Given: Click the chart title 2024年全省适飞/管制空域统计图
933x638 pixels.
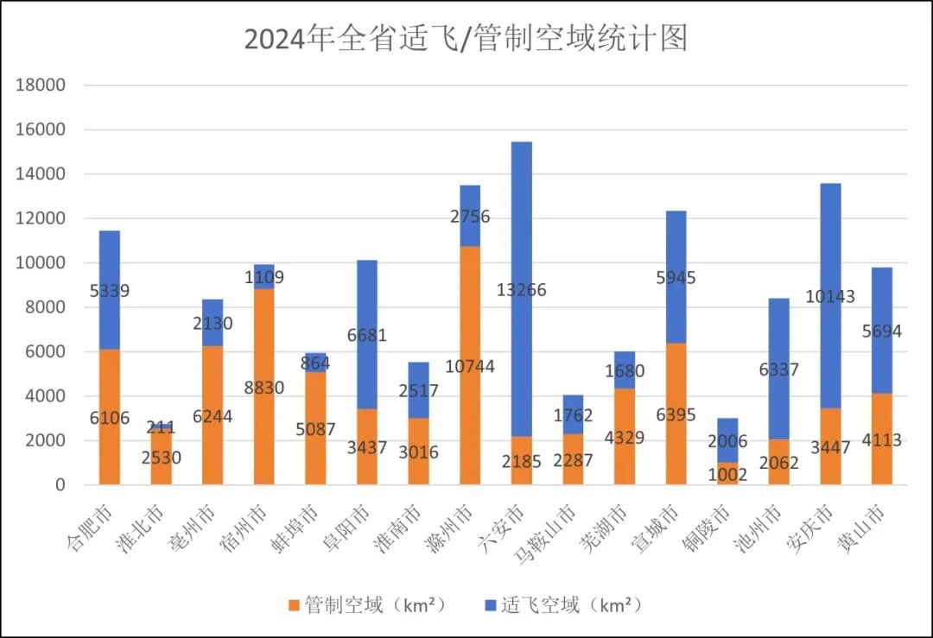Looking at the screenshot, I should (x=466, y=40).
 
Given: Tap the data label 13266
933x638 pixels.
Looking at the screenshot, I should (x=521, y=290).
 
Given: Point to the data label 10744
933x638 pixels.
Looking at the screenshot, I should (x=469, y=367).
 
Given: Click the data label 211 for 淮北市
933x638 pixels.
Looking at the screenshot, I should (x=161, y=427).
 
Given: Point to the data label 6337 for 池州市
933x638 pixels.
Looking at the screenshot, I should (x=778, y=370).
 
